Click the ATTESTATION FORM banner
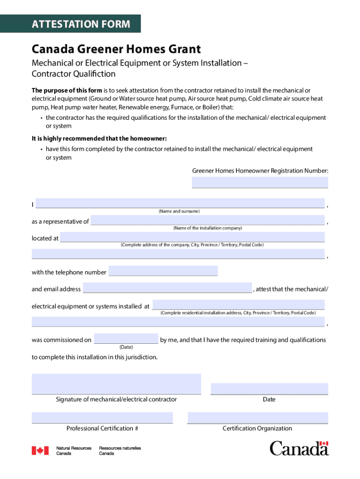(x=81, y=24)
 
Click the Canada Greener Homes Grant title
(x=116, y=49)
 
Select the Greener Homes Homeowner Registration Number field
(x=260, y=182)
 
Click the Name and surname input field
(x=180, y=203)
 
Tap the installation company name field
(x=208, y=220)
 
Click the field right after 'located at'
(x=192, y=237)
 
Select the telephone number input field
(x=163, y=271)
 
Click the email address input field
(x=167, y=288)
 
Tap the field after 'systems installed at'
(x=238, y=305)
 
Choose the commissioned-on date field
(x=126, y=339)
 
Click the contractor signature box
(x=116, y=384)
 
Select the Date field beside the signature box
(x=269, y=389)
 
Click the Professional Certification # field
(x=102, y=418)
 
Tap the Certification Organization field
(x=258, y=418)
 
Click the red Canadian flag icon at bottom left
(x=40, y=450)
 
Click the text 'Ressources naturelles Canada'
(x=120, y=451)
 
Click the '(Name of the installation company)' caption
(x=208, y=228)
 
